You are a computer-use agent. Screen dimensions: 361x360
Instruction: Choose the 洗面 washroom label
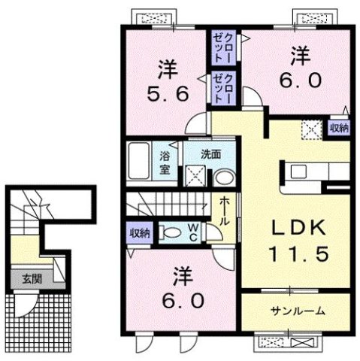click(x=210, y=153)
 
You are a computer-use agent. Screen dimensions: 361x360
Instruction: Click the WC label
click(x=192, y=232)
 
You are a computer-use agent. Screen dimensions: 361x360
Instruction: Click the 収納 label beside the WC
click(x=138, y=233)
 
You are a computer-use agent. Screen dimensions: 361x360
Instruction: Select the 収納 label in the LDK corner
click(x=340, y=128)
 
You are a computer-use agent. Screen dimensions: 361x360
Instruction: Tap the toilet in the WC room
click(x=168, y=233)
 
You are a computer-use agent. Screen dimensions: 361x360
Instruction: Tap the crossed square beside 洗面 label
click(x=197, y=176)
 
